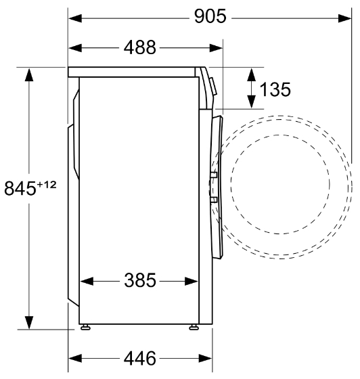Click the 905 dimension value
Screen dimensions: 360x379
click(210, 16)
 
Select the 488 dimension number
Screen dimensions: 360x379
click(140, 47)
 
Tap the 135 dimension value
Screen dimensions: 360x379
click(275, 89)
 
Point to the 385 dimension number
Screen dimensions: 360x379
click(140, 280)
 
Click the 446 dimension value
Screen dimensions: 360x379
click(140, 358)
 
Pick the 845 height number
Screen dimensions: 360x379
click(20, 188)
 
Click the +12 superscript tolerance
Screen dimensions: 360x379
click(47, 185)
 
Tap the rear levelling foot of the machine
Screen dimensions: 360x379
click(85, 328)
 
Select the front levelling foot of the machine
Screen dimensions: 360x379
click(194, 328)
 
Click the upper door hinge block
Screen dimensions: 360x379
click(214, 175)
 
